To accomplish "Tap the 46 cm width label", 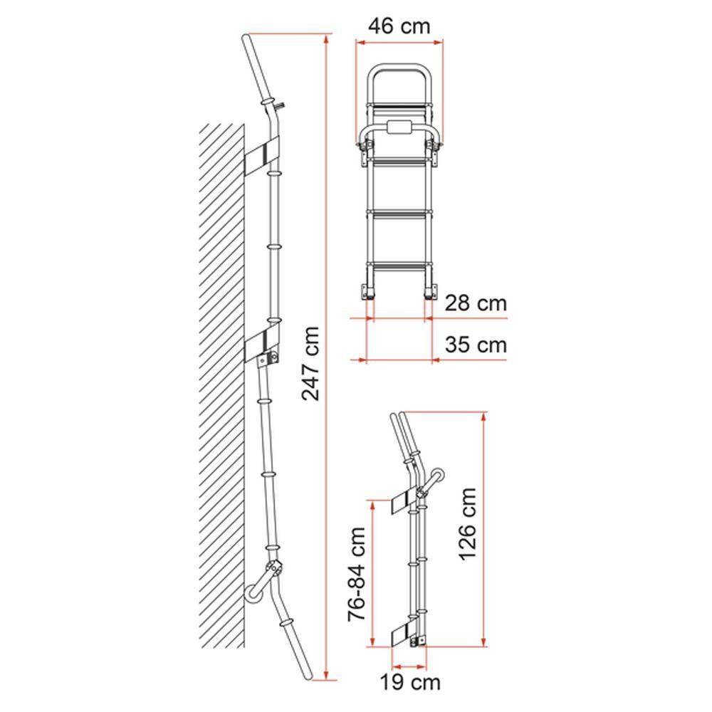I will click(x=399, y=26).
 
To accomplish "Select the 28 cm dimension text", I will click(x=476, y=303).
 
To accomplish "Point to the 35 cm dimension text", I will click(x=476, y=345).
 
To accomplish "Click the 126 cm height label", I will click(x=467, y=524).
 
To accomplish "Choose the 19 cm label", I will click(x=410, y=682).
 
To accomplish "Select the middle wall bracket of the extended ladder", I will click(x=261, y=342).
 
